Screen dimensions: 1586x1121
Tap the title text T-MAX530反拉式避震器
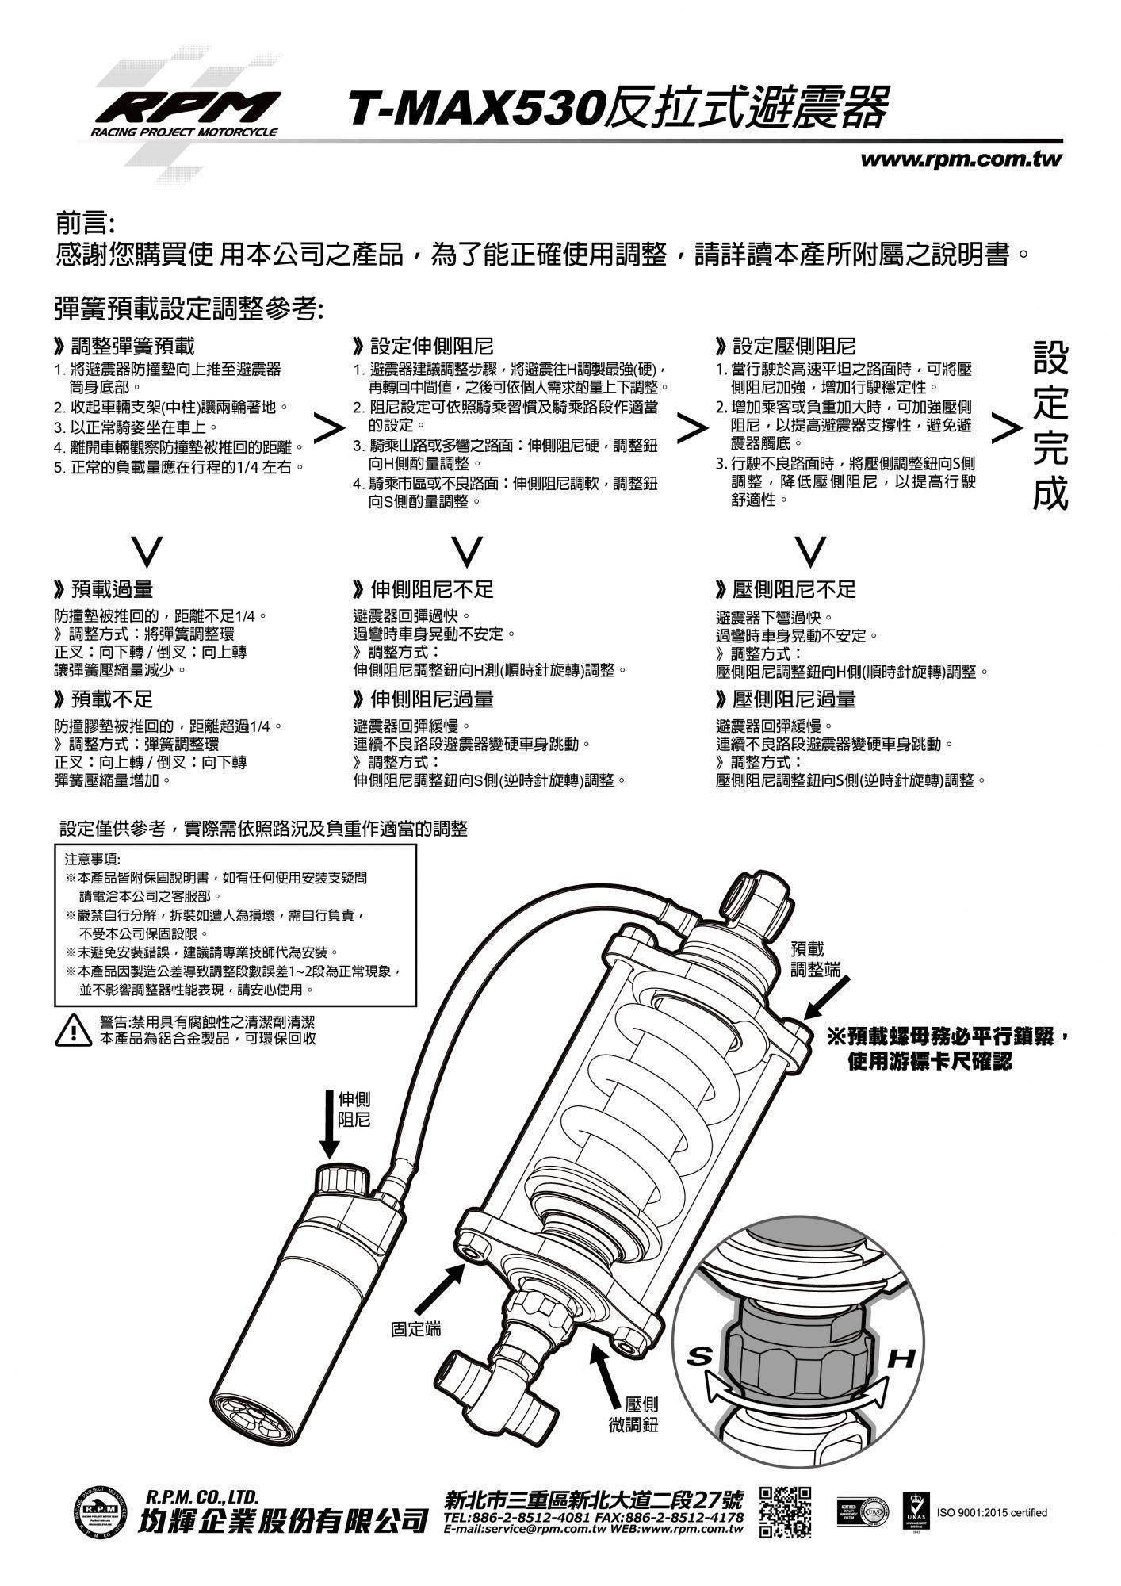pyautogui.click(x=618, y=109)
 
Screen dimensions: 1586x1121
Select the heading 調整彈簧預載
pyautogui.click(x=124, y=347)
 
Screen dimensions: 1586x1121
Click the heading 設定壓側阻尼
pyautogui.click(x=786, y=347)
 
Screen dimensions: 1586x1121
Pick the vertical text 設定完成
pyautogui.click(x=1050, y=426)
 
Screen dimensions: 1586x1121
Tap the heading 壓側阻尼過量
pyautogui.click(x=786, y=699)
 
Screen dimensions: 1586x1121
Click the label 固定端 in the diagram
pyautogui.click(x=415, y=1328)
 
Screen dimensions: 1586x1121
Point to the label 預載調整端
pyautogui.click(x=816, y=959)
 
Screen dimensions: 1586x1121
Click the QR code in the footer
pyautogui.click(x=786, y=1511)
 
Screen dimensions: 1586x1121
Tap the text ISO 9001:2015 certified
pyautogui.click(x=992, y=1512)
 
